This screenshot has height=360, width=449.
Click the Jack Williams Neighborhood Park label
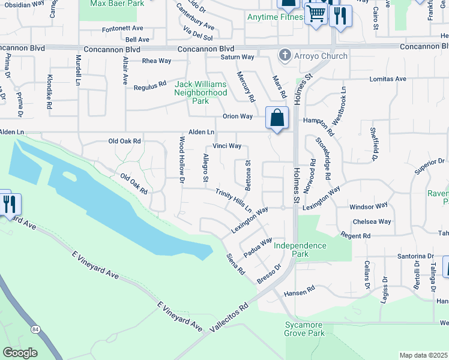click(200, 92)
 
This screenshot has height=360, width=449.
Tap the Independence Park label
click(300, 250)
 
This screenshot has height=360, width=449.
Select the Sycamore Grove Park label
click(305, 329)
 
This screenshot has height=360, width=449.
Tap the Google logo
click(20, 352)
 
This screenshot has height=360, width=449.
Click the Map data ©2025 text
click(423, 355)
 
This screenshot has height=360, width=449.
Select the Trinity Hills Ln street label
click(234, 200)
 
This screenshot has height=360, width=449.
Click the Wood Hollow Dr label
click(181, 157)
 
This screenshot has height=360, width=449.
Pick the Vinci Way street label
click(227, 146)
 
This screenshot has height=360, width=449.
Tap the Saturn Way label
click(239, 57)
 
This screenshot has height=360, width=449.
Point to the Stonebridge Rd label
click(322, 158)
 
